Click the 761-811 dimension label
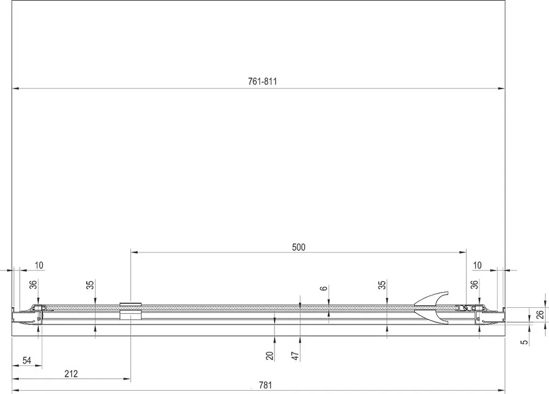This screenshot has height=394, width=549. pyautogui.click(x=262, y=82)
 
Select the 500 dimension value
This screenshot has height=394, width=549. pyautogui.click(x=299, y=247)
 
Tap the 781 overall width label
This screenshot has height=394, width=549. pyautogui.click(x=265, y=385)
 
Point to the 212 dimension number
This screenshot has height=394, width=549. pyautogui.click(x=71, y=374)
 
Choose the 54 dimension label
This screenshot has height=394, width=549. pyautogui.click(x=27, y=361)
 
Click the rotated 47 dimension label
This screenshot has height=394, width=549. pyautogui.click(x=295, y=356)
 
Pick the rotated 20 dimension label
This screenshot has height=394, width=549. pyautogui.click(x=270, y=356)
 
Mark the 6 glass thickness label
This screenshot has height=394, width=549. pyautogui.click(x=324, y=288)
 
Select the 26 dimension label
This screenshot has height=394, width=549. pyautogui.click(x=540, y=314)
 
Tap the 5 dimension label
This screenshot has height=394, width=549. pyautogui.click(x=524, y=342)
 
